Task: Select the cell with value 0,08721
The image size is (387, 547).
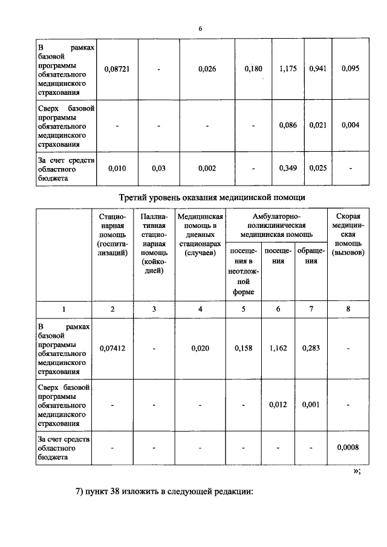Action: click(x=117, y=69)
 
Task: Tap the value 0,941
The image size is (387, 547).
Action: click(x=317, y=69)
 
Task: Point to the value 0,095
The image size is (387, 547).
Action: click(x=350, y=69)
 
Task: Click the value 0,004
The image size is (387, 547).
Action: click(x=350, y=125)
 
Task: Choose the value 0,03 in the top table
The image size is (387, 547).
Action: click(x=158, y=168)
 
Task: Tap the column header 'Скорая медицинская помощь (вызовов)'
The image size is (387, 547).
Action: click(x=349, y=234)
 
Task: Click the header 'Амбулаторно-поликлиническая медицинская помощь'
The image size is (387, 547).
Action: click(x=276, y=225)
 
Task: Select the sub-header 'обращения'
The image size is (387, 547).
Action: click(x=311, y=256)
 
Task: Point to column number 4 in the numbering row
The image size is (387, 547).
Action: click(x=200, y=309)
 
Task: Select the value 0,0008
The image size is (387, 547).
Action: click(x=349, y=447)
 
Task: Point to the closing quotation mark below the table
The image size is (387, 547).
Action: click(x=357, y=471)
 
